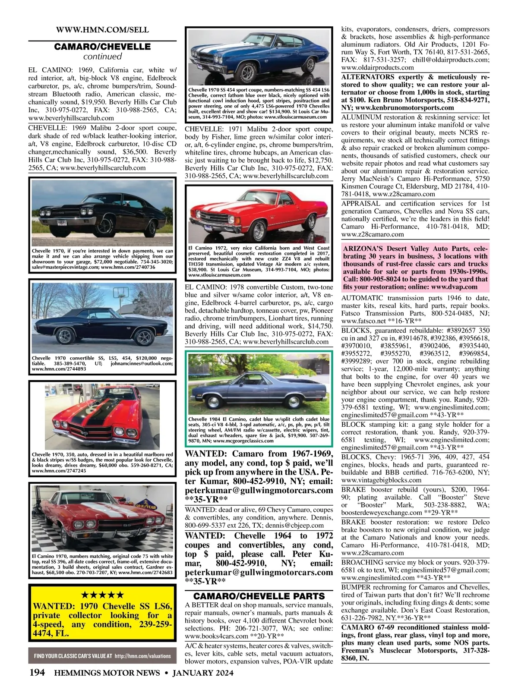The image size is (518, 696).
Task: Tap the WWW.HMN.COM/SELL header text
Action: (x=102, y=30)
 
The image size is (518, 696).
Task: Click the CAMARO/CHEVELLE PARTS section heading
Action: (x=259, y=596)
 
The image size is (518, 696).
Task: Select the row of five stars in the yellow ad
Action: (x=102, y=595)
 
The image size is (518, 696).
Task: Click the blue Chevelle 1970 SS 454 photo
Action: (x=259, y=57)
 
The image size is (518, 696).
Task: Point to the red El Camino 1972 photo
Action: (x=259, y=214)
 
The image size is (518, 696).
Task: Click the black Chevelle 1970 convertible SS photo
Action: (x=102, y=316)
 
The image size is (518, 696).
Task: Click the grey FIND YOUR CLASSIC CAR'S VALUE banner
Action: (x=102, y=656)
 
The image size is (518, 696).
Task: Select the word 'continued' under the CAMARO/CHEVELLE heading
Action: (x=102, y=57)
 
